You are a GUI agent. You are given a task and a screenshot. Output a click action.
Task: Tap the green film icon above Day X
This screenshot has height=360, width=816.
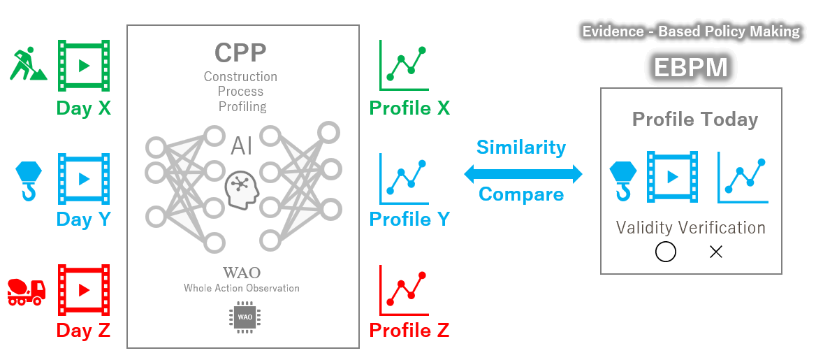[x=84, y=66]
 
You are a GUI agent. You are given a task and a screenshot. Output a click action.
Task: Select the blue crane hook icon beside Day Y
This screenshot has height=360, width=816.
[x=29, y=180]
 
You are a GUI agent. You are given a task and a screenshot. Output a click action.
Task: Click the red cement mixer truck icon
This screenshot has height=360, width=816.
[x=27, y=291]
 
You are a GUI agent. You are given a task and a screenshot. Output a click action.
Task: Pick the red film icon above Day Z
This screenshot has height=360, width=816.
[x=84, y=289]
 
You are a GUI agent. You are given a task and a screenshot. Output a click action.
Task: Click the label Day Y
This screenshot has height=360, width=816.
[x=84, y=219]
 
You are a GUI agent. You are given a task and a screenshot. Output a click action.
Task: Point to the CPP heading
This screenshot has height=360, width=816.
[x=240, y=52]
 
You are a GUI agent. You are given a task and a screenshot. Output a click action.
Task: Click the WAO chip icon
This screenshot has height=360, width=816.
[x=245, y=317]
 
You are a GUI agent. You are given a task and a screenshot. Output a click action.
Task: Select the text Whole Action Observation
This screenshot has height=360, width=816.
[x=242, y=288]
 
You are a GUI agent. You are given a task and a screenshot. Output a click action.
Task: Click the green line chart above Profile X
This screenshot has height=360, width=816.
[x=404, y=66]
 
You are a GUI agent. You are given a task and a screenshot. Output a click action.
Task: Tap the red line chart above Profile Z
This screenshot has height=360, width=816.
[x=404, y=289]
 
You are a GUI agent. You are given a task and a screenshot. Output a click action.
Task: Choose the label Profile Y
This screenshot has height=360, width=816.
[x=409, y=219]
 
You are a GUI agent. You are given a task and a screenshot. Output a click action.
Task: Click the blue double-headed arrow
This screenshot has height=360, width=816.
[x=523, y=173]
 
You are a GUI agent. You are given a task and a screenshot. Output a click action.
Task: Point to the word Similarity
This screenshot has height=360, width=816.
[x=521, y=147]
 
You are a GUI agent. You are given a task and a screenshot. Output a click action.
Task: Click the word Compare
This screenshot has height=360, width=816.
[x=521, y=194]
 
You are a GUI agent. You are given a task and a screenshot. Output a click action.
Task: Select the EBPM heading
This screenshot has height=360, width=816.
[x=691, y=68]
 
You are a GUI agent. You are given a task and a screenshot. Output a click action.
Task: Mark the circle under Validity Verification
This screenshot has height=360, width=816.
[x=666, y=252]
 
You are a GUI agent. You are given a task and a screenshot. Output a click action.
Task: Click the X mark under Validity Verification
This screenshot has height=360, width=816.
[x=715, y=252]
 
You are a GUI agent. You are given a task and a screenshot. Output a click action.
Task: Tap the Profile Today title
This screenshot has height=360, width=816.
[x=694, y=120]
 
